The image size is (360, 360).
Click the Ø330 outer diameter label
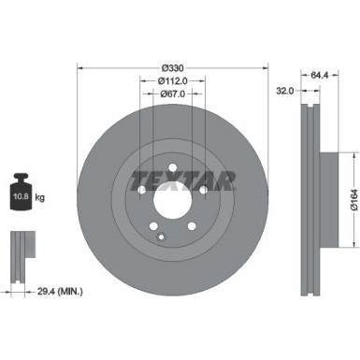coord(172,67)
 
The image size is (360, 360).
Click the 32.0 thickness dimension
coord(285,91)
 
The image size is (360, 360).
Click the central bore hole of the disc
coord(172,200)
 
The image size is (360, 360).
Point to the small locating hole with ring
coord(162,238)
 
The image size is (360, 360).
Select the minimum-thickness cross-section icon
coord(21,252)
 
